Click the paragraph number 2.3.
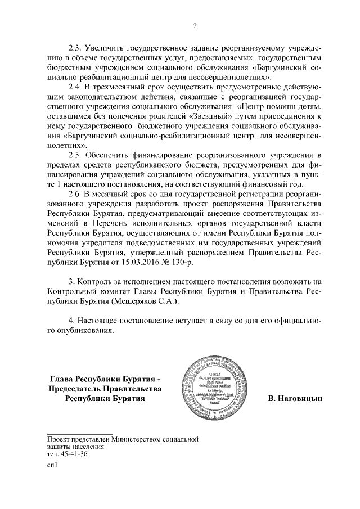click(x=75, y=47)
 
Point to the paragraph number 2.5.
click(x=75, y=154)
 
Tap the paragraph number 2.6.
click(x=75, y=195)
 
